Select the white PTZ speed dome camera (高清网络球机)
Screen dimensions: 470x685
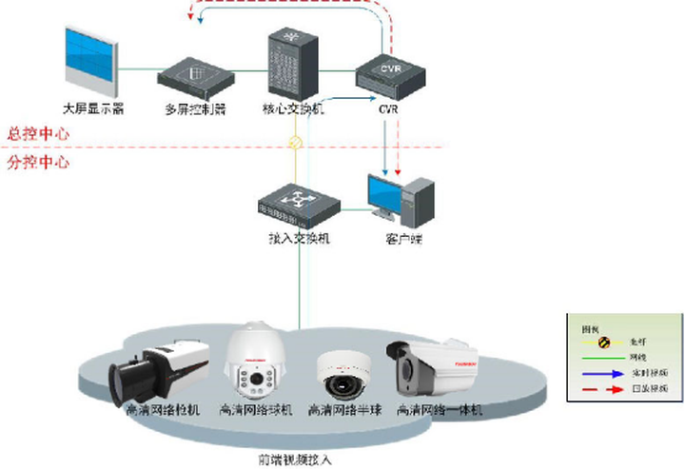point(256,362)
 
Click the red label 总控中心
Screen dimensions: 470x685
point(38,134)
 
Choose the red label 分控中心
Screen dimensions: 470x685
point(38,162)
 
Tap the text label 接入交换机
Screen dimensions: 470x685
point(299,239)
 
